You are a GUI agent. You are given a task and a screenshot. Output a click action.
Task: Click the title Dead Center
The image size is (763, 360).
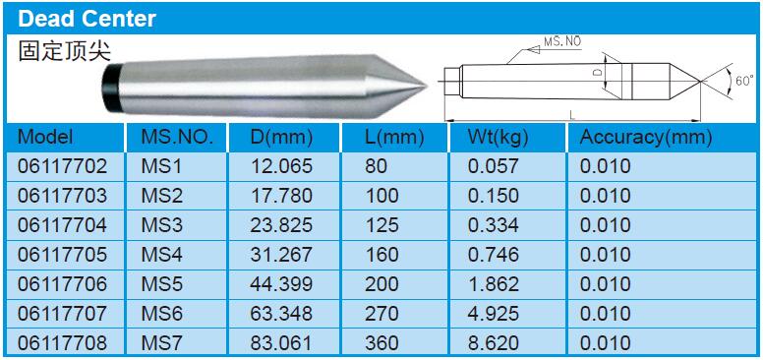[x=87, y=19]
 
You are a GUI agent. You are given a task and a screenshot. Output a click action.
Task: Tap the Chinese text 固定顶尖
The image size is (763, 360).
[x=65, y=50]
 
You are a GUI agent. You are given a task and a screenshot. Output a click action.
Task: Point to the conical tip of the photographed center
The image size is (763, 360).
[x=396, y=88]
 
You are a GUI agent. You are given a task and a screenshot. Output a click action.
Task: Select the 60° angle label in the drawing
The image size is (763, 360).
[x=744, y=81]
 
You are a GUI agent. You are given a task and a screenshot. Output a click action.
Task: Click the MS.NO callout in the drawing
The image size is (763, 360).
[x=562, y=41]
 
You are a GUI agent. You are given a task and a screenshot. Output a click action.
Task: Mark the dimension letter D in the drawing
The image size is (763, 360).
[x=599, y=72]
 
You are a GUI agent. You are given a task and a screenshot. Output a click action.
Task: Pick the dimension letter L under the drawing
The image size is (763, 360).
[x=572, y=115]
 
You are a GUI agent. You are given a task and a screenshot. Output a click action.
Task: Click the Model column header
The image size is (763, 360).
[x=45, y=137]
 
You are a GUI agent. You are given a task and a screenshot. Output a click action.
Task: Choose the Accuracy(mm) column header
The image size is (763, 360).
[x=646, y=138]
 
